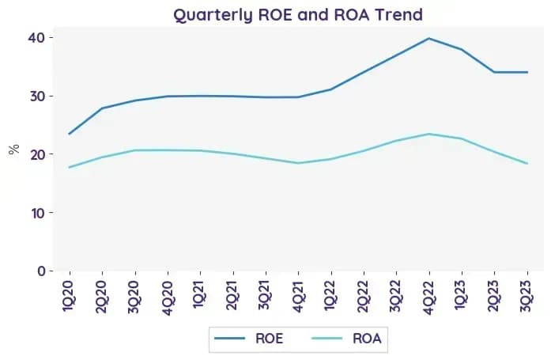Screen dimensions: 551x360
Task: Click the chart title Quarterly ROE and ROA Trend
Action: tap(298, 15)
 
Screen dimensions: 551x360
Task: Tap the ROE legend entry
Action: tap(249, 339)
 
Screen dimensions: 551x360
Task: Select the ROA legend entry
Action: tap(346, 339)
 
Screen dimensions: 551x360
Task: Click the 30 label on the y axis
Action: tap(37, 96)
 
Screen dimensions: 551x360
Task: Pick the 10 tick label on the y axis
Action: tap(38, 213)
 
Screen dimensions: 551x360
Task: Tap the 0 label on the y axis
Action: tap(41, 271)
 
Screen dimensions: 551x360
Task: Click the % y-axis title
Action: tap(13, 150)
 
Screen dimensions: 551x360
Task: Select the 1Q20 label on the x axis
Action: tap(68, 296)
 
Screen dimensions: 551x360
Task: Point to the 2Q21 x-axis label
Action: tap(232, 295)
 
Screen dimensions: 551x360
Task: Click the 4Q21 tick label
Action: tap(297, 296)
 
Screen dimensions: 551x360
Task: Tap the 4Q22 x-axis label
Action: tap(428, 297)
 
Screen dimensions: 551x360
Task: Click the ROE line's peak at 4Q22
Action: tap(428, 38)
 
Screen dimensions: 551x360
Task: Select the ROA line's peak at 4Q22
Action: tap(428, 134)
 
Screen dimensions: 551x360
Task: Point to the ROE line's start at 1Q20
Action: tap(70, 134)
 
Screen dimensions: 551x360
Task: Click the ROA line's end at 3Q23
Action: tap(527, 163)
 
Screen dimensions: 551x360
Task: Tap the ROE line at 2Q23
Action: tap(494, 72)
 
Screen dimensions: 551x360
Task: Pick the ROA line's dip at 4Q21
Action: tap(298, 163)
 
